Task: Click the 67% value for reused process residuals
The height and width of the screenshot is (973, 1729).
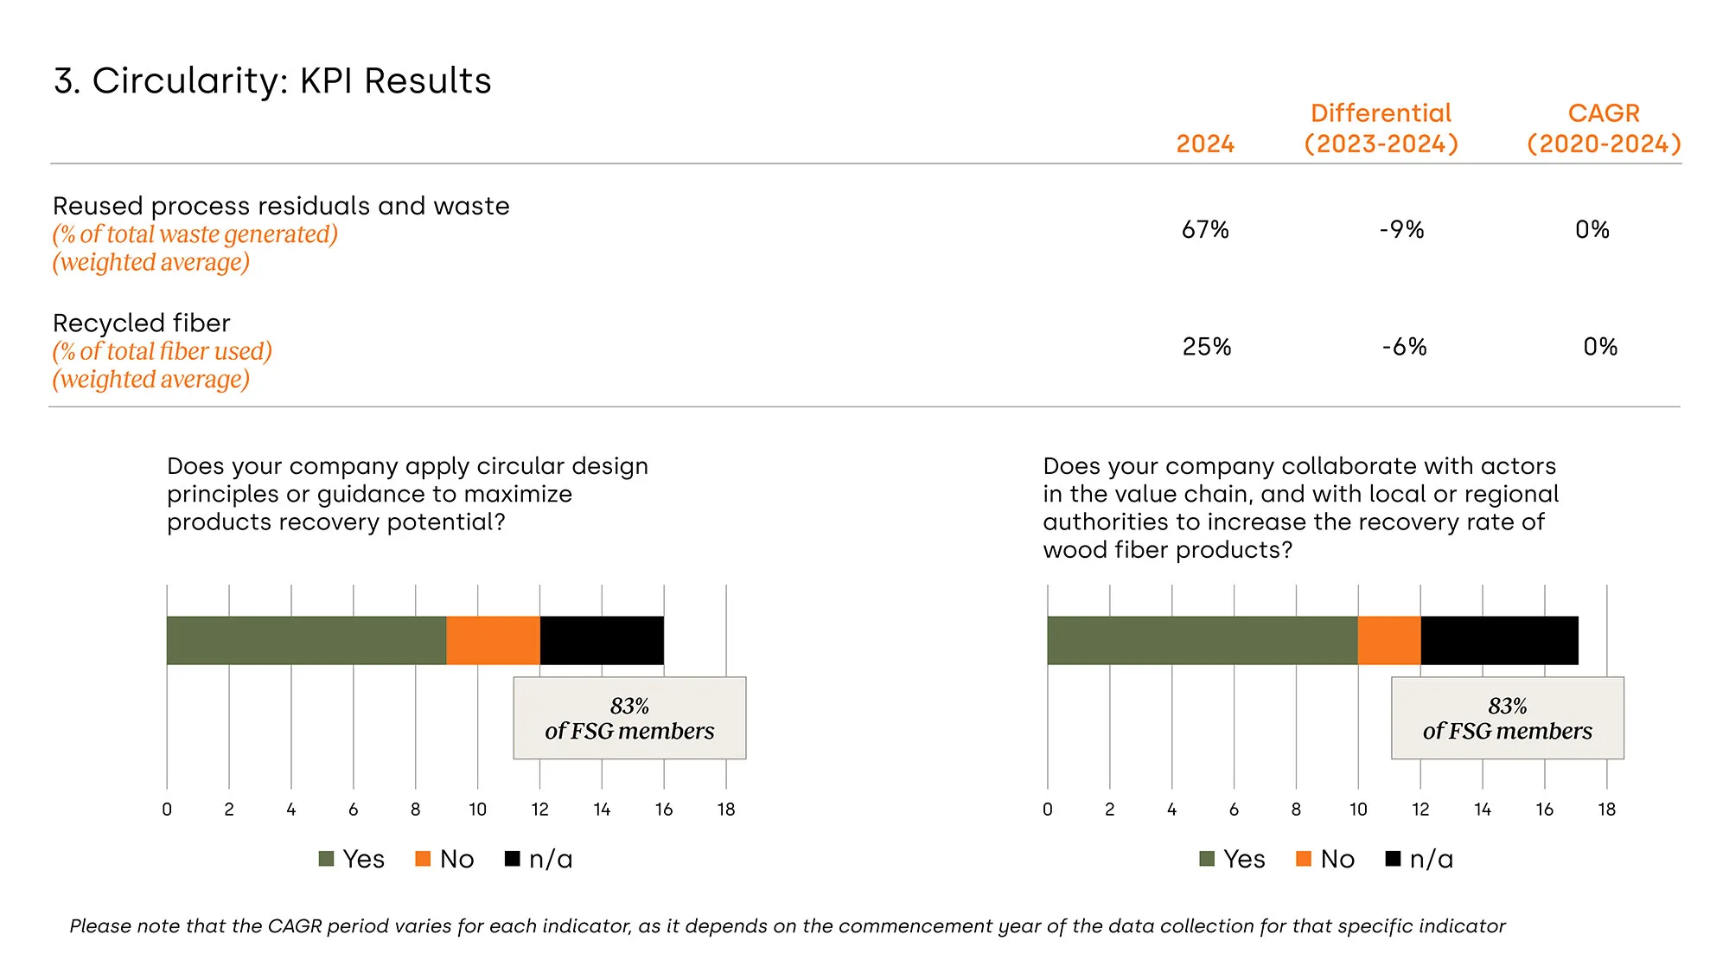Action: click(x=1205, y=229)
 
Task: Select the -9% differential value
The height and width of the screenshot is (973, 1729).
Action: click(x=1401, y=229)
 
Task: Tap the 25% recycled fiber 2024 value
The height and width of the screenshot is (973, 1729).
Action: click(x=1206, y=347)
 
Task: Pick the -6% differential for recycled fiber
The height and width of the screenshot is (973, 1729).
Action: click(x=1404, y=347)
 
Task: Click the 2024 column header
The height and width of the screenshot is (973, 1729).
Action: click(x=1205, y=144)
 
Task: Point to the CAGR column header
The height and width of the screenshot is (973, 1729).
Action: click(x=1604, y=113)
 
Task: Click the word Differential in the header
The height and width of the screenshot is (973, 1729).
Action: click(x=1381, y=113)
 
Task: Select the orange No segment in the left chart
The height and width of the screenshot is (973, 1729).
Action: click(x=493, y=640)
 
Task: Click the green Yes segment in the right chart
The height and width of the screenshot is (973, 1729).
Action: click(x=1202, y=640)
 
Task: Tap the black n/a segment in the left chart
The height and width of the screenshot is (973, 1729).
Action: click(x=602, y=640)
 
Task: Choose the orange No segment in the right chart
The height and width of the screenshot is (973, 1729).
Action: click(x=1389, y=640)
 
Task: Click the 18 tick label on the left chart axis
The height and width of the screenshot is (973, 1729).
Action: click(x=726, y=810)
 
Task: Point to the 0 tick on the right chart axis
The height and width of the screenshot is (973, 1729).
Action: click(x=1048, y=810)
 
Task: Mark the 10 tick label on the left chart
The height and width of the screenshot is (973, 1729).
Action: click(x=477, y=810)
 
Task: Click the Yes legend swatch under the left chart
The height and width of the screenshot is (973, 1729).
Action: click(x=327, y=859)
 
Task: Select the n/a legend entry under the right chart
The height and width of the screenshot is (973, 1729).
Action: click(x=1420, y=859)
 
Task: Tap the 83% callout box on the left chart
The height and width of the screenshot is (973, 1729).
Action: click(x=629, y=718)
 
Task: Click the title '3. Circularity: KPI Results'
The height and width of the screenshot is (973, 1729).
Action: click(x=272, y=80)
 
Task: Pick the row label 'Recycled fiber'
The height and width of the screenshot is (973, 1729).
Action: click(x=142, y=323)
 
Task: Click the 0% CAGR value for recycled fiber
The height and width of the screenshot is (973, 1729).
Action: click(x=1600, y=347)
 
